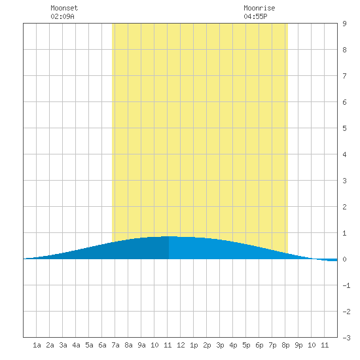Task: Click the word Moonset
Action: click(x=64, y=8)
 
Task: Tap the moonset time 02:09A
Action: click(x=62, y=16)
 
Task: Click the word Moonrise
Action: click(x=259, y=8)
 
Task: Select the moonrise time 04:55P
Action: click(x=255, y=16)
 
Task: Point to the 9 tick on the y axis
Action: click(x=344, y=24)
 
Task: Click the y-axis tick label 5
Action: click(x=344, y=128)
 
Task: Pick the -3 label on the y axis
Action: click(x=346, y=338)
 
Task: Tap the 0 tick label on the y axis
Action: click(x=344, y=259)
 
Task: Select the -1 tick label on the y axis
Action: click(x=346, y=285)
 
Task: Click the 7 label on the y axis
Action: click(x=344, y=76)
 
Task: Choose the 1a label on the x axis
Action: click(x=37, y=345)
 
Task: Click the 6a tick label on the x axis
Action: click(x=102, y=345)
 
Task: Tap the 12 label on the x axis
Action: click(x=181, y=345)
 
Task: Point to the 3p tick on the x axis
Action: click(x=220, y=345)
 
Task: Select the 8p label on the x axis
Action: click(x=285, y=345)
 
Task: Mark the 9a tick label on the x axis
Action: click(x=141, y=345)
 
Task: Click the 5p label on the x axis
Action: click(x=246, y=345)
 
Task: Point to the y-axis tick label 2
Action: click(x=344, y=207)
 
